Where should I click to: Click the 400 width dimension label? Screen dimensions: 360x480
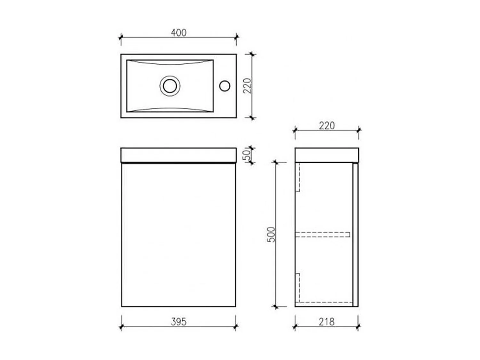coord(179,32)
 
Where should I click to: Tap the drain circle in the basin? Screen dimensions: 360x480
coord(170,86)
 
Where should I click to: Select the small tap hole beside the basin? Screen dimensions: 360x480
coord(225,85)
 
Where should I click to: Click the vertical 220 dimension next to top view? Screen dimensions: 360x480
coord(248,85)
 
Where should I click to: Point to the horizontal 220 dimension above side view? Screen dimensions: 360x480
coord(327,125)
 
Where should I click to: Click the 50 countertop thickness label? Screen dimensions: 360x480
coord(247,156)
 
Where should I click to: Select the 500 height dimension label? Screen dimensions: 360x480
coord(271,234)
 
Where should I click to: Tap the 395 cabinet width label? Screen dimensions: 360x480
coord(179,322)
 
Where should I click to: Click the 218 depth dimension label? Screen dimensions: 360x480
coord(326,322)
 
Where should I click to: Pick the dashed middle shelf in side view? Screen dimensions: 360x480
coord(323,235)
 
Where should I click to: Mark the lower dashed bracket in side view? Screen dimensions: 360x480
coord(298,287)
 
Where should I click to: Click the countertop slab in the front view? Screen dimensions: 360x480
coord(179,155)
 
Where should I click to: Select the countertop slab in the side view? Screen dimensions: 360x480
coord(326,155)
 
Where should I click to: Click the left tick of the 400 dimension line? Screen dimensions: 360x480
coord(121,38)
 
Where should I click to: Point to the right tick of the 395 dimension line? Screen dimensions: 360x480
coord(236,327)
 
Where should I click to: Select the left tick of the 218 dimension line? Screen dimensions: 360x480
coord(295,327)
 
